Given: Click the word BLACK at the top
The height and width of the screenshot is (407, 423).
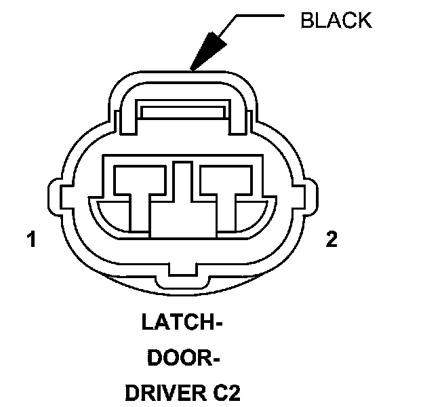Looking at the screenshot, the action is tap(336, 20).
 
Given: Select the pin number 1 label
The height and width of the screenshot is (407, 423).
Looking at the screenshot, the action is tap(31, 240).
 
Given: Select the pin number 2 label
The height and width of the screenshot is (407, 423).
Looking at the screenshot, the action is tap(331, 240).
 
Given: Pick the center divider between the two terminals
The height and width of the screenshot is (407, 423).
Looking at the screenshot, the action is tap(180, 203).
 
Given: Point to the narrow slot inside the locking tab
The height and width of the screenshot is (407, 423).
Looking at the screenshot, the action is tap(183, 110).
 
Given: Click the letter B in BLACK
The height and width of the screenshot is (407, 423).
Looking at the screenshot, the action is tap(306, 20).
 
